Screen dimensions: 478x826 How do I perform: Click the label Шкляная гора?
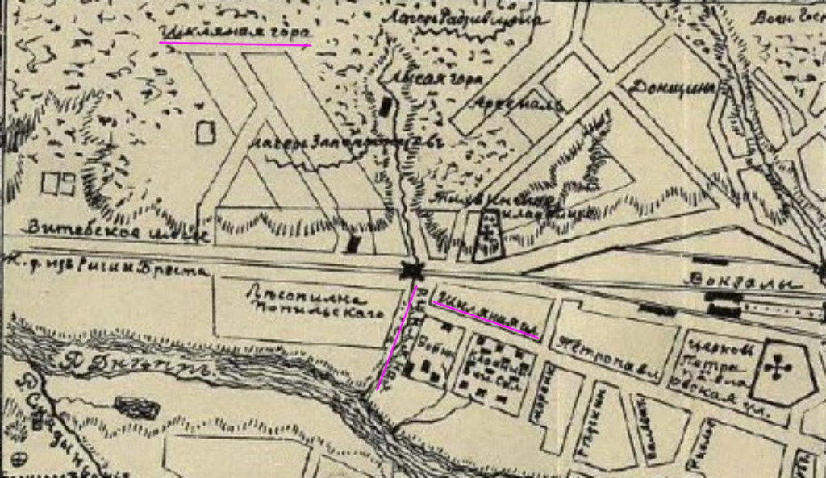(x=234, y=32)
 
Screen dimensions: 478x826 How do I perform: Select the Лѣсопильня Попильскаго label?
(x=307, y=306)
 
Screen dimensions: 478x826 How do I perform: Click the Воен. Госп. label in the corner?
(x=786, y=19)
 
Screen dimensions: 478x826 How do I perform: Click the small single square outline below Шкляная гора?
(x=206, y=132)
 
